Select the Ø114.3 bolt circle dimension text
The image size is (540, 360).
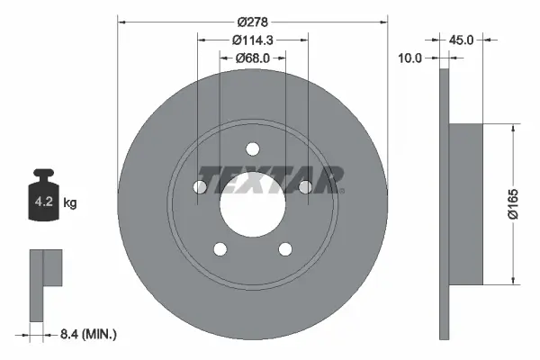[x=252, y=40]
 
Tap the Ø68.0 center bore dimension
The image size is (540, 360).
[x=253, y=58]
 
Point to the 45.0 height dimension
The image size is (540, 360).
[x=461, y=39]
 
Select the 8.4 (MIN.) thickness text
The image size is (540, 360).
[x=87, y=334]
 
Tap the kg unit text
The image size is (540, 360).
[x=71, y=203]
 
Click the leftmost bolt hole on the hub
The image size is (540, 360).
[x=200, y=187]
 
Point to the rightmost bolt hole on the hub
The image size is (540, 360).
[x=306, y=187]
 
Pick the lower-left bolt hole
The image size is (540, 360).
[x=220, y=249]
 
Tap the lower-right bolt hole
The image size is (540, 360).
[x=285, y=249]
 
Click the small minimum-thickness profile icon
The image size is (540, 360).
[x=45, y=283]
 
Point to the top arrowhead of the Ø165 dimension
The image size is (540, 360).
[x=513, y=128]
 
